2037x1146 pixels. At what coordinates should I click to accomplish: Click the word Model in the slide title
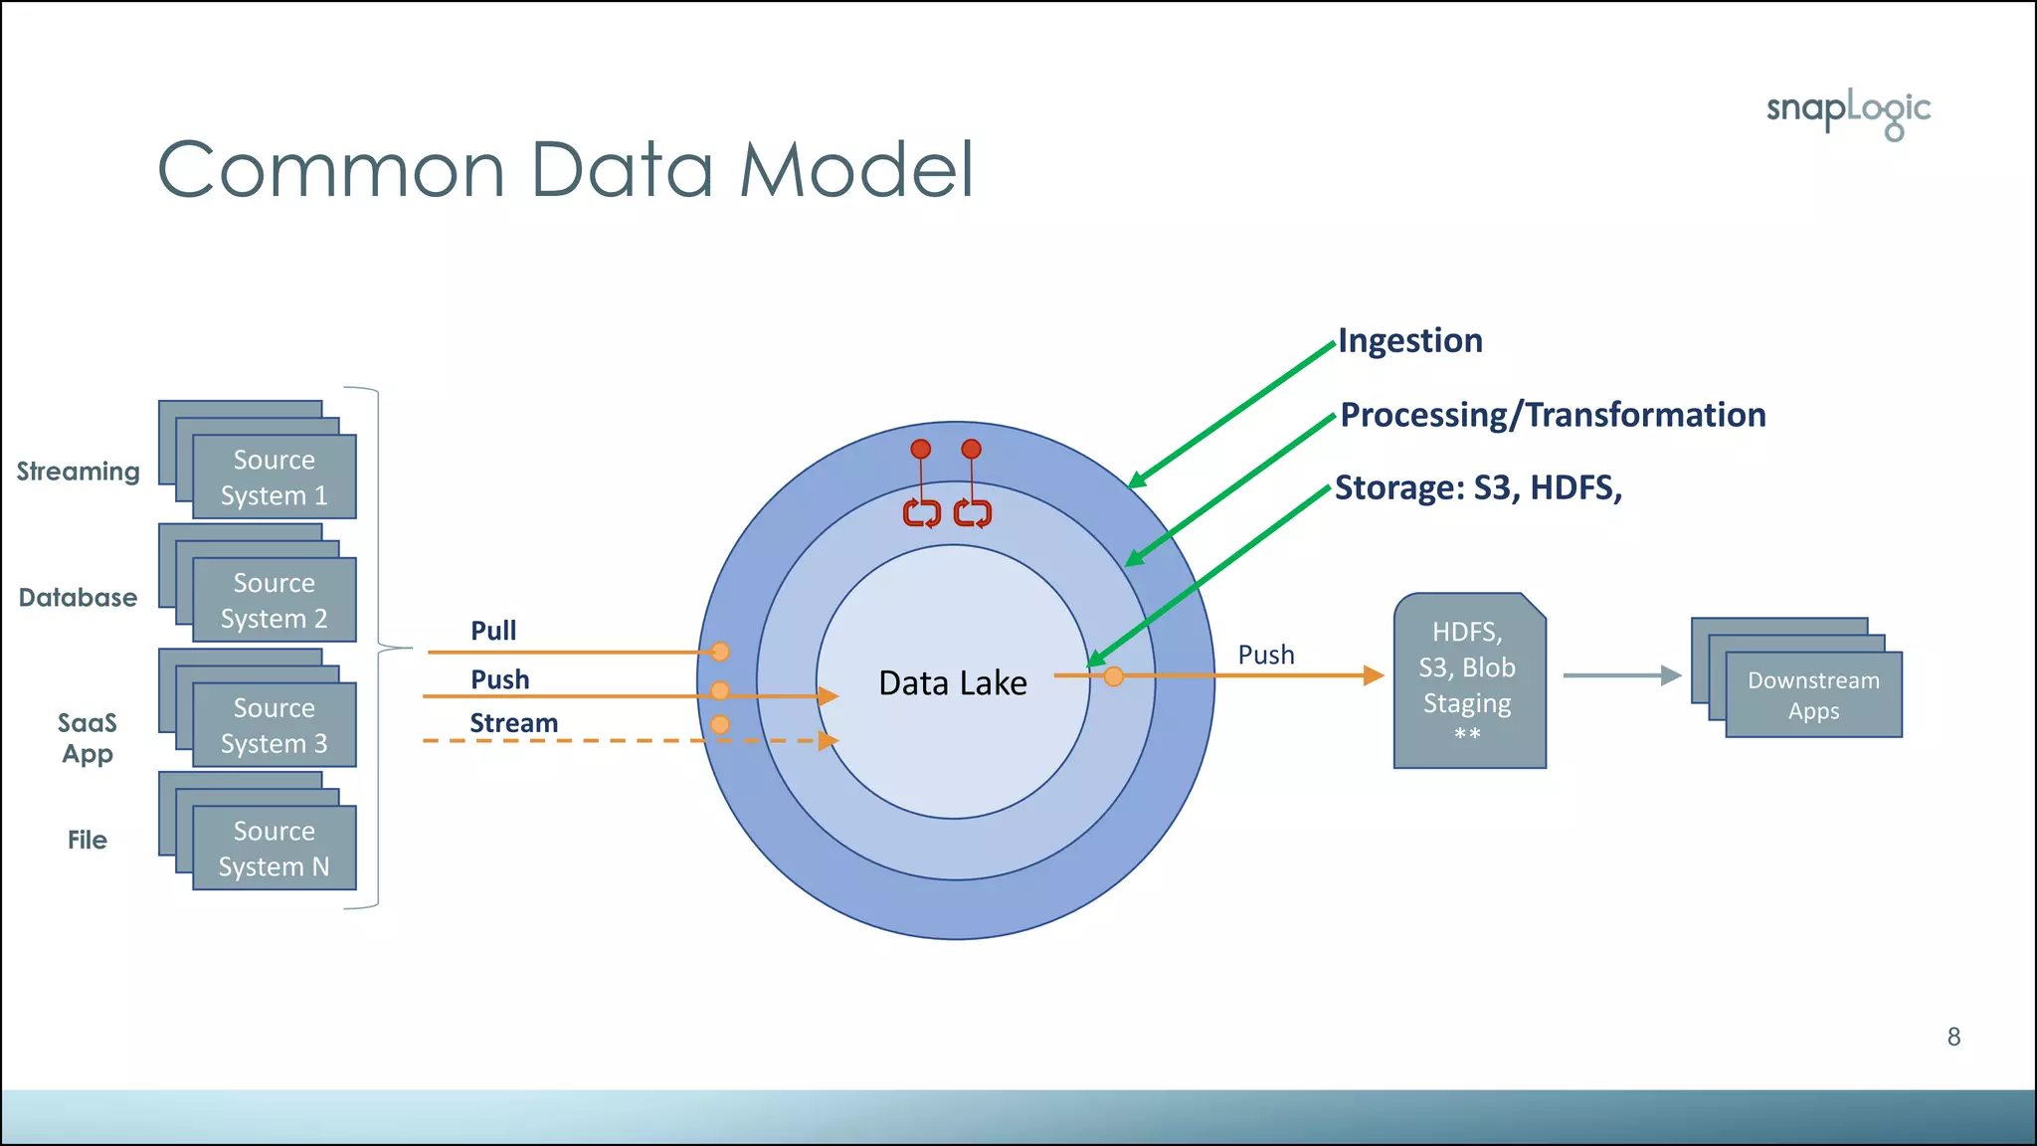[x=855, y=170]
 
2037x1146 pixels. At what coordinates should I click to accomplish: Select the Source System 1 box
[x=274, y=477]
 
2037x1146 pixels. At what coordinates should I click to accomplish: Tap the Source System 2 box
[x=274, y=600]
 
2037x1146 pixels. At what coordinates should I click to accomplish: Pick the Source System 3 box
[x=274, y=725]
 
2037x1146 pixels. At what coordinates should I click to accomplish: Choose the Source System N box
[x=274, y=849]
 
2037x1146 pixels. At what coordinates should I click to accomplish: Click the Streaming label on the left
[x=79, y=472]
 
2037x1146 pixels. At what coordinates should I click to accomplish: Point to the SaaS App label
[x=88, y=737]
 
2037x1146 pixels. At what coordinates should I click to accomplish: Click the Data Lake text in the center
[x=952, y=683]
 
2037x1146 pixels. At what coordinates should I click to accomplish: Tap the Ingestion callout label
[x=1409, y=341]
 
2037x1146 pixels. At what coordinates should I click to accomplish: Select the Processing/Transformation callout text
[x=1552, y=415]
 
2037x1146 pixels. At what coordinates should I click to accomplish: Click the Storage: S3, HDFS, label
[x=1478, y=488]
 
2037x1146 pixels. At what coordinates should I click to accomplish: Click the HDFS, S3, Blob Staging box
[x=1469, y=682]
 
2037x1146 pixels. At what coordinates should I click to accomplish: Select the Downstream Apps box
[x=1812, y=694]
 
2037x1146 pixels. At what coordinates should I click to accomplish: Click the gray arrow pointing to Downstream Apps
[x=1620, y=675]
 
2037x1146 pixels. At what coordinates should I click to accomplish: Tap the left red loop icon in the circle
[x=921, y=513]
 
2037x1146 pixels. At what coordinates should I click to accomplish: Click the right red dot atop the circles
[x=972, y=450]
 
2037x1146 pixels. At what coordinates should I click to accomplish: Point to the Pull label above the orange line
[x=493, y=631]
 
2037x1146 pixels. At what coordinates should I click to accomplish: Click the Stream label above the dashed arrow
[x=513, y=723]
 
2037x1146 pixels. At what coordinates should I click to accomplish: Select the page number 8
[x=1953, y=1037]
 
